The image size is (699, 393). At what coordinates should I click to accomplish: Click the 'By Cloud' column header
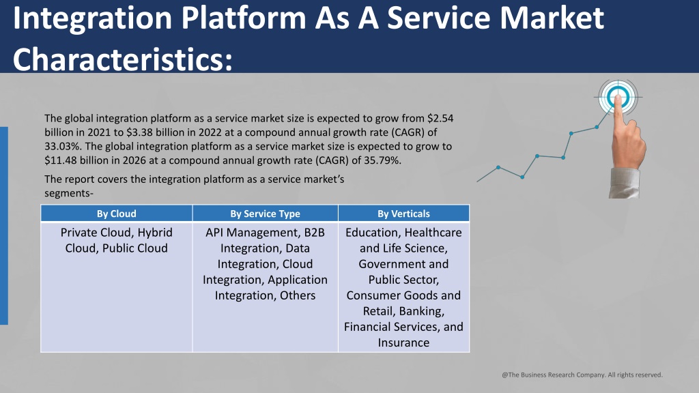pyautogui.click(x=116, y=214)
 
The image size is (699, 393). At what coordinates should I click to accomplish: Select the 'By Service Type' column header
pyautogui.click(x=266, y=214)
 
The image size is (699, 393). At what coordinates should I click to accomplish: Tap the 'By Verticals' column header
pyautogui.click(x=403, y=214)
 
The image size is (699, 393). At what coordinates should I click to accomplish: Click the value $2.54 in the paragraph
pyautogui.click(x=440, y=118)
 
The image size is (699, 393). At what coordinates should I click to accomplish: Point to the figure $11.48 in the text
pyautogui.click(x=60, y=160)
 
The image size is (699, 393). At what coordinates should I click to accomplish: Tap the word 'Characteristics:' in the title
pyautogui.click(x=123, y=59)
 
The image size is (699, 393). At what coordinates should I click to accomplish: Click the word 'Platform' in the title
pyautogui.click(x=244, y=18)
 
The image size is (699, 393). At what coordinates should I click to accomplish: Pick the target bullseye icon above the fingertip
pyautogui.click(x=618, y=97)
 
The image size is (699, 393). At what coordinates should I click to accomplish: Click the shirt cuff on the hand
pyautogui.click(x=625, y=183)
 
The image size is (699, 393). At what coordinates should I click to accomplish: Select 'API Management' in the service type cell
pyautogui.click(x=252, y=233)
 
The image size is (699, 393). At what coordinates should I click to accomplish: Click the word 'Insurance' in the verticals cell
pyautogui.click(x=403, y=343)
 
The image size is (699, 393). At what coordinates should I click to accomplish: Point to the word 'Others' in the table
pyautogui.click(x=298, y=295)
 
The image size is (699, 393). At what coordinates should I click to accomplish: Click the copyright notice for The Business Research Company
pyautogui.click(x=582, y=375)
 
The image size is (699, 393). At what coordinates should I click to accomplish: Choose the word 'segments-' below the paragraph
pyautogui.click(x=69, y=193)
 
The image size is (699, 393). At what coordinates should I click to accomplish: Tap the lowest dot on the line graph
pyautogui.click(x=522, y=177)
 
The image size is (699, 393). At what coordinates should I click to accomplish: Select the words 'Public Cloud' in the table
pyautogui.click(x=134, y=248)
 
